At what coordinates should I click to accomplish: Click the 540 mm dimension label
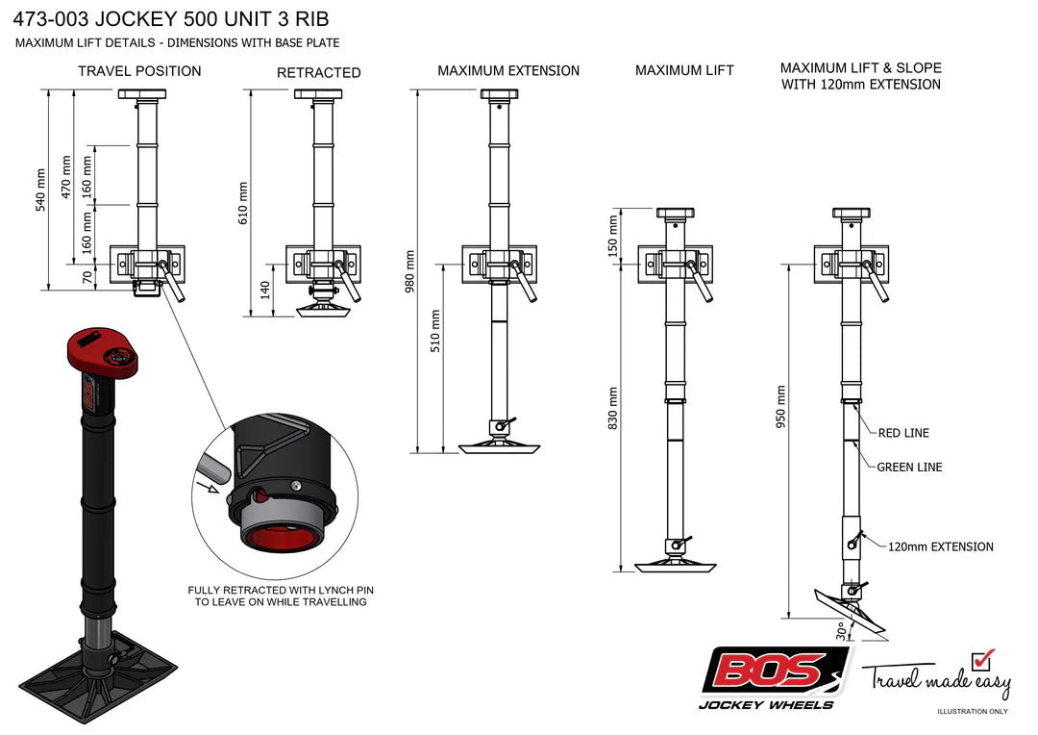pyautogui.click(x=41, y=190)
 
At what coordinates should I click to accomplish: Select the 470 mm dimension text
pyautogui.click(x=66, y=176)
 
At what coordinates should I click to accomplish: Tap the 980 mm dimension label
pyautogui.click(x=410, y=272)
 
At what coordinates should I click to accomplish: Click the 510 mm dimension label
pyautogui.click(x=435, y=331)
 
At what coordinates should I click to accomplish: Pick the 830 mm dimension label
pyautogui.click(x=612, y=408)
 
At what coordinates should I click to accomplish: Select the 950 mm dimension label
pyautogui.click(x=780, y=407)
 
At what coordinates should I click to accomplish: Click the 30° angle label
pyautogui.click(x=841, y=630)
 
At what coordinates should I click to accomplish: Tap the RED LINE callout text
pyautogui.click(x=903, y=433)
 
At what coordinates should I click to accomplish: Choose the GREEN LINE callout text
pyautogui.click(x=909, y=468)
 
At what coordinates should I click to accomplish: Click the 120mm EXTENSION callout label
pyautogui.click(x=940, y=546)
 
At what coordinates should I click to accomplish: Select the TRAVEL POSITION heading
pyautogui.click(x=139, y=71)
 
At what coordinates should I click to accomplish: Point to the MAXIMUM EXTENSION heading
pyautogui.click(x=508, y=71)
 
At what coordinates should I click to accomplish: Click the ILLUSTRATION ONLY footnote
pyautogui.click(x=973, y=712)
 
